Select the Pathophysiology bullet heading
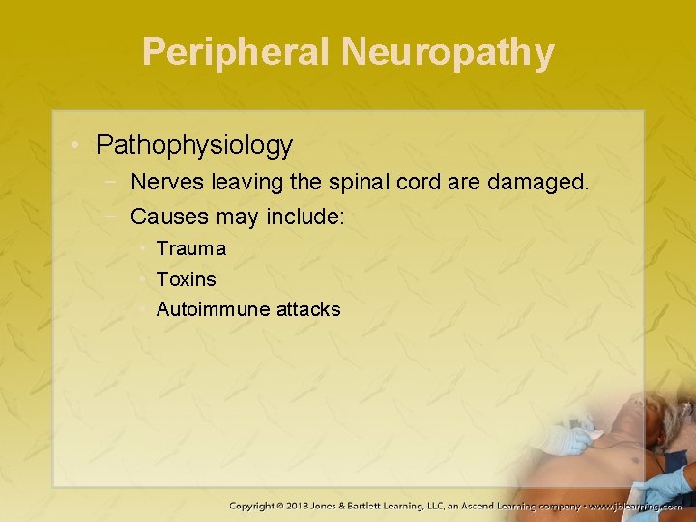pos(194,145)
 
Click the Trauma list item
pos(191,248)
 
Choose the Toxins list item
pos(187,279)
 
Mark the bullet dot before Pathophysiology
pos(76,146)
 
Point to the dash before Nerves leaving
pos(114,181)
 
